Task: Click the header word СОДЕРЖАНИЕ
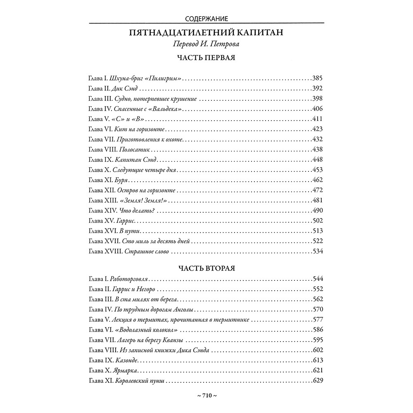tap(206, 18)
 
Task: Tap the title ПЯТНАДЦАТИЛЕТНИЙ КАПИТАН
tap(206, 33)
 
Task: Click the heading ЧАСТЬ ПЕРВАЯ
tap(206, 58)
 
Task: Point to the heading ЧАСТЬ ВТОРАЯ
tap(206, 268)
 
